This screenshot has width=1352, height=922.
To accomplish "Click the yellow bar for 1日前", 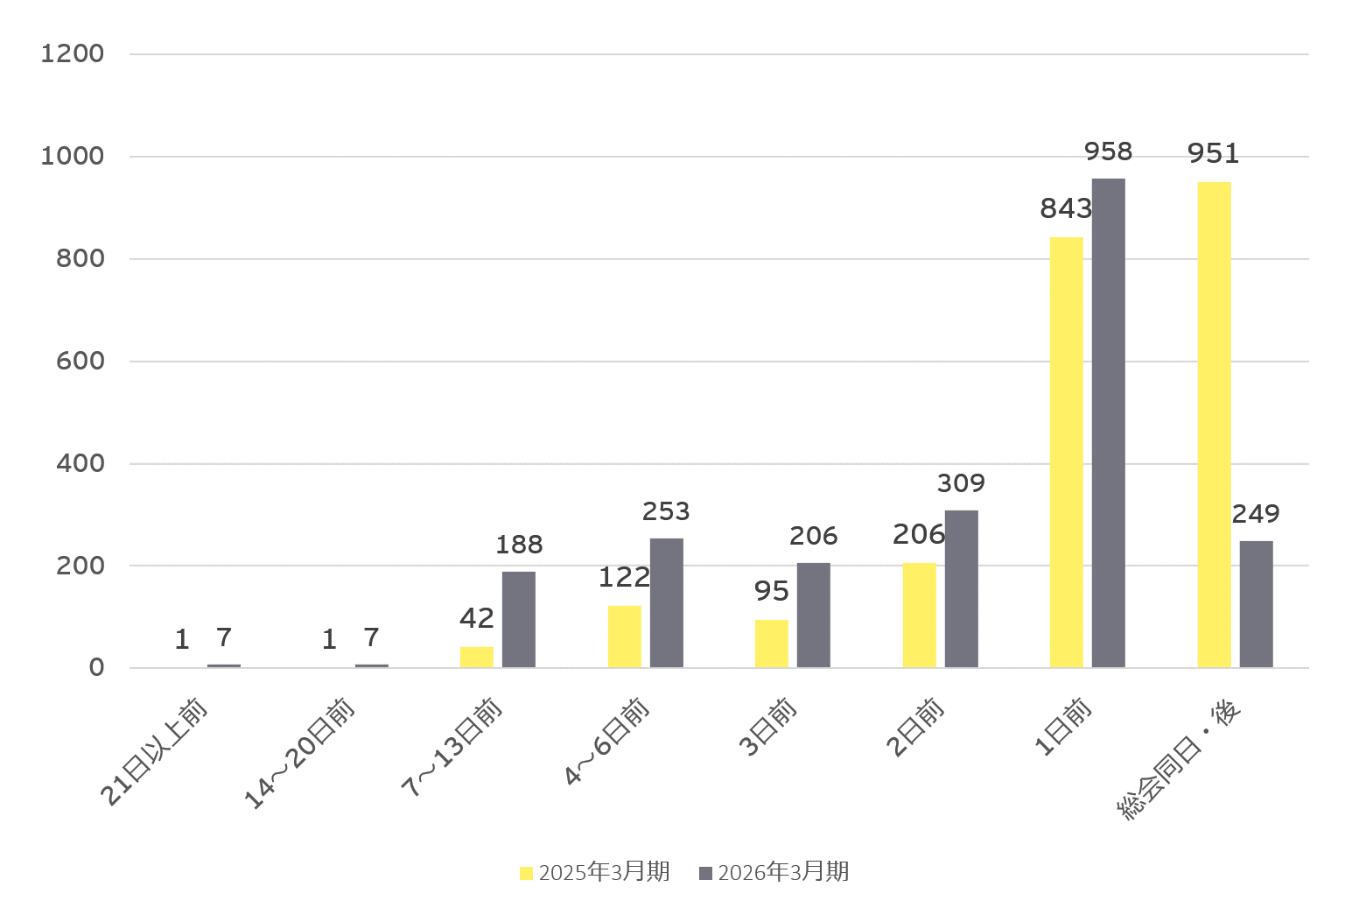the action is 1067,453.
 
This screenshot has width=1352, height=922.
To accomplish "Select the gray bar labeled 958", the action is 1108,423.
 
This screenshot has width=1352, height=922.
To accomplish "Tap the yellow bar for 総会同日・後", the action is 1215,425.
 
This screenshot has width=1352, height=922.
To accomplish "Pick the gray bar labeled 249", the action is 1256,604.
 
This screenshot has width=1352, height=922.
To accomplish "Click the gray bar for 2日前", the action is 962,589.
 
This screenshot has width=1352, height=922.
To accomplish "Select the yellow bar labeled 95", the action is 771,644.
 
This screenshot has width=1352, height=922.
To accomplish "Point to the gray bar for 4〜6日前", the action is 666,603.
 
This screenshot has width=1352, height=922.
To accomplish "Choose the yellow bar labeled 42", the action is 477,658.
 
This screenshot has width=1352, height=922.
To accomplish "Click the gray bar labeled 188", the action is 518,620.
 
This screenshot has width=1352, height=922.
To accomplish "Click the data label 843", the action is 1066,209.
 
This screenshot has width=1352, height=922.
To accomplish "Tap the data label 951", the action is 1213,153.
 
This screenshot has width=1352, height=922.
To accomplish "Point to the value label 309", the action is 961,483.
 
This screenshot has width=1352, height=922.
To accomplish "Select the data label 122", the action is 624,578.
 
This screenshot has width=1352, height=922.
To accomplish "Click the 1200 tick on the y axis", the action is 73,53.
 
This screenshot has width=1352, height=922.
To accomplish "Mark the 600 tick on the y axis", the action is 81,361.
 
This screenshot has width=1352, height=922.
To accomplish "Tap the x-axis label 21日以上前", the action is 153,752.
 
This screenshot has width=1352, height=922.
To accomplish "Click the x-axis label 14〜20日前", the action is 298,753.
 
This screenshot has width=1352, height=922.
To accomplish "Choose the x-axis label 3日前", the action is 767,727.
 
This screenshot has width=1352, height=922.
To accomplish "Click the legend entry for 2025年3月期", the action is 594,872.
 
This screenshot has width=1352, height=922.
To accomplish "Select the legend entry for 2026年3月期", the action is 774,872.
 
